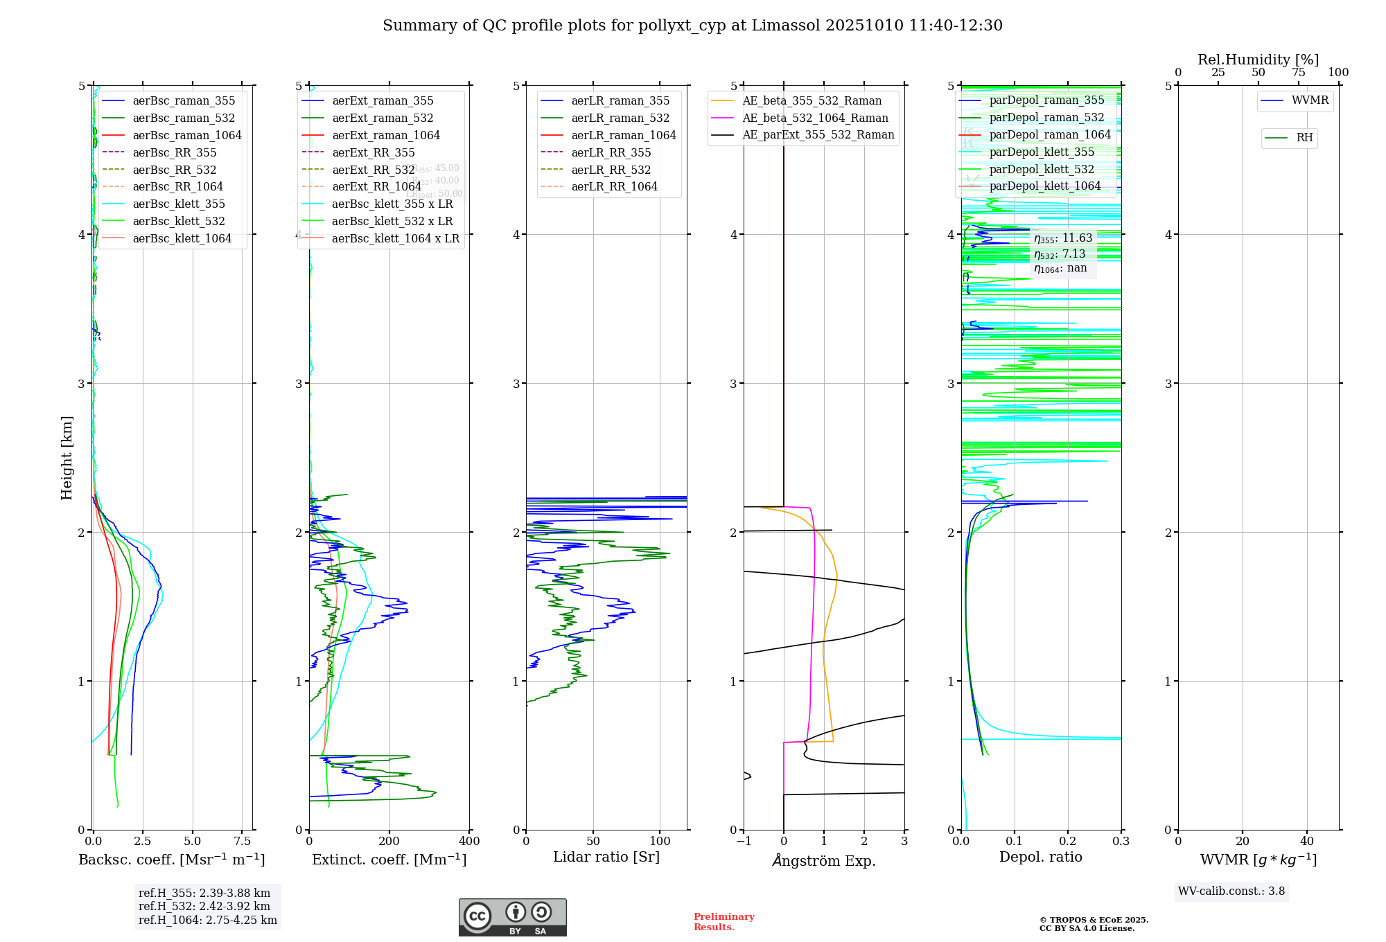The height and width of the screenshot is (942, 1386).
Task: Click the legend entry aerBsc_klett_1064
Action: pyautogui.click(x=182, y=238)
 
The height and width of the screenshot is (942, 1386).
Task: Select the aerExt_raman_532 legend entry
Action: pyautogui.click(x=383, y=118)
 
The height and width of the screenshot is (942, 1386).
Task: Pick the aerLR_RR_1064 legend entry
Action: pyautogui.click(x=614, y=186)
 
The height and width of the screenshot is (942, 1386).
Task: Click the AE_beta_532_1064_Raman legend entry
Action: pyautogui.click(x=815, y=118)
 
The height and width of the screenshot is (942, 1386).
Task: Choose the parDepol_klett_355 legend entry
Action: pyautogui.click(x=1042, y=152)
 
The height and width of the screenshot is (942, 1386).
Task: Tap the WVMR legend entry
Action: pyautogui.click(x=1310, y=100)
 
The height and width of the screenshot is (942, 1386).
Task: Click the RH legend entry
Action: pyautogui.click(x=1304, y=138)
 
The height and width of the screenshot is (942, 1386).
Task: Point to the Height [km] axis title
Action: pyautogui.click(x=67, y=457)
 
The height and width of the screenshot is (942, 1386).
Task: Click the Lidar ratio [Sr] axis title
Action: pyautogui.click(x=606, y=857)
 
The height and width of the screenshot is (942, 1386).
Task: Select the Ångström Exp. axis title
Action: pyautogui.click(x=824, y=860)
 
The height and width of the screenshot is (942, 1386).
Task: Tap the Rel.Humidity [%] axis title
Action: pyautogui.click(x=1258, y=60)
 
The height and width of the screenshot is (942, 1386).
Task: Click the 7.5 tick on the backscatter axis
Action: pyautogui.click(x=242, y=842)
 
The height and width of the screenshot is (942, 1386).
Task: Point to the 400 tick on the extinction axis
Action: pyautogui.click(x=469, y=842)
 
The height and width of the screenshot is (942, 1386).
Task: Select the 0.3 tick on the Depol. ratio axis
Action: pyautogui.click(x=1121, y=842)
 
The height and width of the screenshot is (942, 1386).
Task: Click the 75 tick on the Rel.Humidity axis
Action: pyautogui.click(x=1298, y=73)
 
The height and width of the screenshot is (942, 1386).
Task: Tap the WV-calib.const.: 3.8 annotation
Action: pyautogui.click(x=1231, y=891)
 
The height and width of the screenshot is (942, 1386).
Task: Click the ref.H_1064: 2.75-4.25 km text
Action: pyautogui.click(x=207, y=920)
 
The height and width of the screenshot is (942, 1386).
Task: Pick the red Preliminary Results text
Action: pyautogui.click(x=723, y=921)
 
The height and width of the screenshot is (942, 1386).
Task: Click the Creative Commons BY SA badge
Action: pyautogui.click(x=512, y=917)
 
